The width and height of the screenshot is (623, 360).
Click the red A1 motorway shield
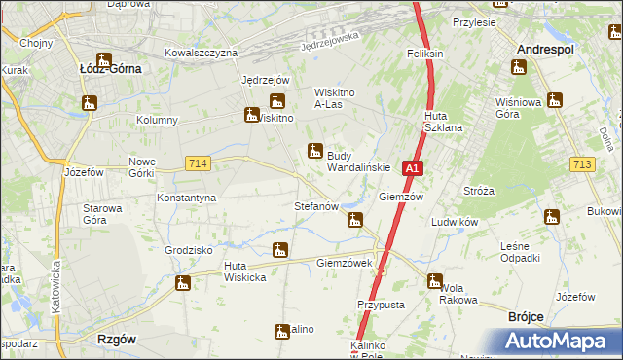pyautogui.click(x=413, y=168)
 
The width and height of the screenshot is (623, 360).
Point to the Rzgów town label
pyautogui.click(x=117, y=339)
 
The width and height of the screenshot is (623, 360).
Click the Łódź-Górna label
pyautogui.click(x=110, y=69)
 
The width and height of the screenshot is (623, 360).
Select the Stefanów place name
pyautogui.click(x=316, y=206)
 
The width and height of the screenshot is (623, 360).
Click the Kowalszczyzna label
pyautogui.click(x=202, y=52)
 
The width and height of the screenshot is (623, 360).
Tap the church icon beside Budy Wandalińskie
pyautogui.click(x=314, y=151)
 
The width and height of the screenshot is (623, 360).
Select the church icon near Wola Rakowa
pyautogui.click(x=434, y=281)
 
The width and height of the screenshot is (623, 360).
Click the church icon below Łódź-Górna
pyautogui.click(x=91, y=102)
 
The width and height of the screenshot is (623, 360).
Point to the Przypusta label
pyautogui.click(x=381, y=304)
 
